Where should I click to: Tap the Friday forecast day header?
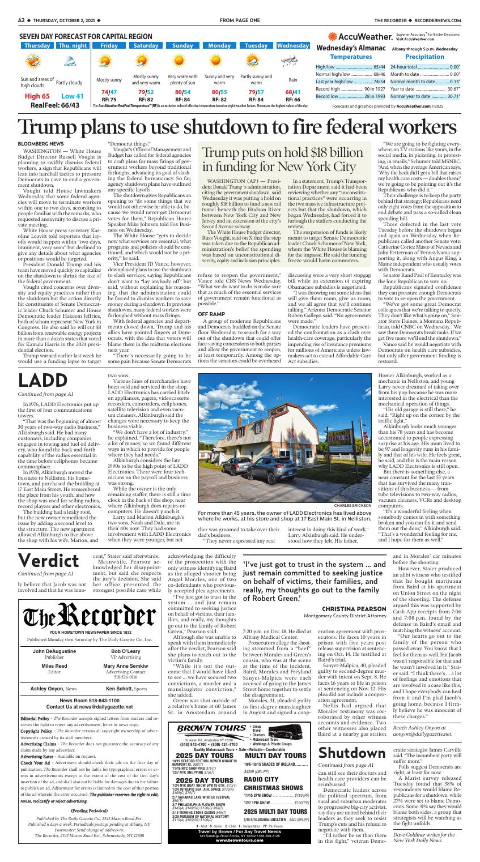pyautogui.click(x=109, y=45)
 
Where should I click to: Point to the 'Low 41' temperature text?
pyautogui.click(x=72, y=96)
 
